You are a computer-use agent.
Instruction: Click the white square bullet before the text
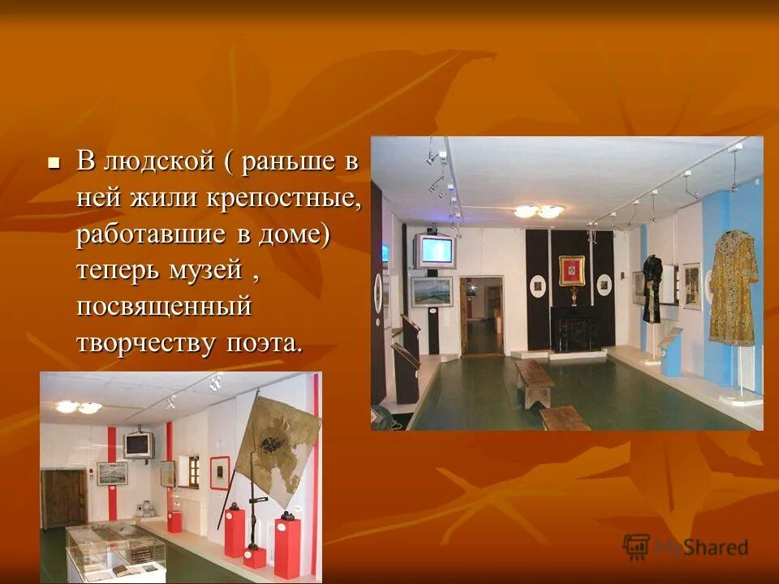pyautogui.click(x=54, y=162)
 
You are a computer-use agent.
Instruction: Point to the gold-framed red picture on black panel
pyautogui.click(x=571, y=270)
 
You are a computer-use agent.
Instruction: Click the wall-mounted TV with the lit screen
pyautogui.click(x=435, y=251)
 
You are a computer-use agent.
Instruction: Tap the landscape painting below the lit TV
pyautogui.click(x=430, y=291)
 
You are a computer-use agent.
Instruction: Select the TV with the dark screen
pyautogui.click(x=139, y=444)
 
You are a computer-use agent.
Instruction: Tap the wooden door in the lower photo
pyautogui.click(x=63, y=497)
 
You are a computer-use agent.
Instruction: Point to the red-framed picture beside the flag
pyautogui.click(x=219, y=472)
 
